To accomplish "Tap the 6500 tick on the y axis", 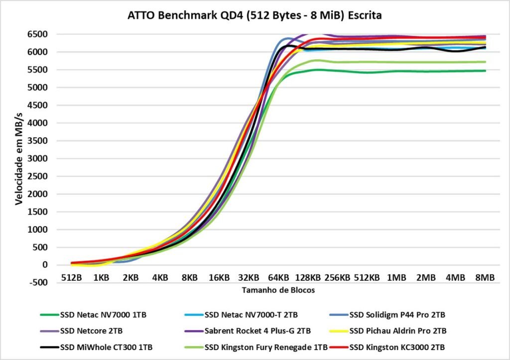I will pyautogui.click(x=37, y=34).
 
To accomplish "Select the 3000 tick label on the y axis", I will pyautogui.click(x=37, y=158).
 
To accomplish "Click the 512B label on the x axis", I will pyautogui.click(x=71, y=277).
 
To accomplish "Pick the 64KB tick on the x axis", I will pyautogui.click(x=278, y=277).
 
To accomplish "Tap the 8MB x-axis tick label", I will pyautogui.click(x=485, y=277).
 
